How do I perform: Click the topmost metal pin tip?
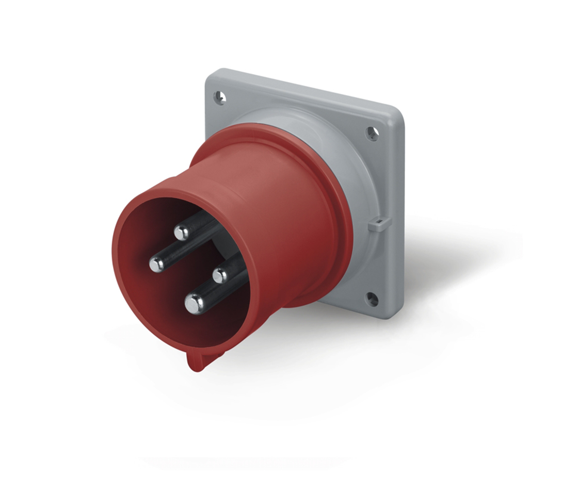182,233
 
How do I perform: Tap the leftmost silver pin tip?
157,265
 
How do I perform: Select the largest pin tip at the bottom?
194,303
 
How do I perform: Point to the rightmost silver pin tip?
220,275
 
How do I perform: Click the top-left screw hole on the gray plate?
220,97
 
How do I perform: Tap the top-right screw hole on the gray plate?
372,134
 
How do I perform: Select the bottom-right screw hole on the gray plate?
371,299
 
